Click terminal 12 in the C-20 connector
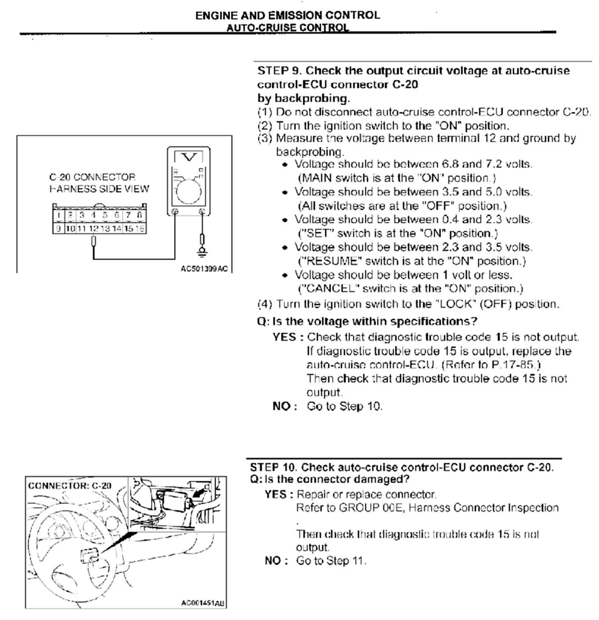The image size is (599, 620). (94, 229)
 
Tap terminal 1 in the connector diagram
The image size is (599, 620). (58, 215)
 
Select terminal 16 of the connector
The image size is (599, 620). (141, 229)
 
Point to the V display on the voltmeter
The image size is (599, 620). (189, 157)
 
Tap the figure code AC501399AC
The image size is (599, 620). (204, 269)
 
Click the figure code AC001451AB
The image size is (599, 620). (203, 603)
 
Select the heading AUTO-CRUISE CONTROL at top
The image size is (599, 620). (288, 27)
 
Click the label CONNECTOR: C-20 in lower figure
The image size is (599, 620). (69, 485)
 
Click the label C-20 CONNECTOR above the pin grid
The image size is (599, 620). (92, 177)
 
